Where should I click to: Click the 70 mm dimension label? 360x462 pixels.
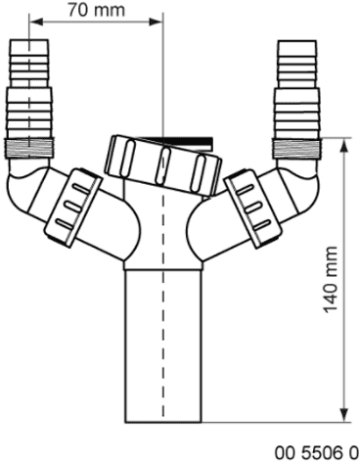pyautogui.click(x=92, y=11)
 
